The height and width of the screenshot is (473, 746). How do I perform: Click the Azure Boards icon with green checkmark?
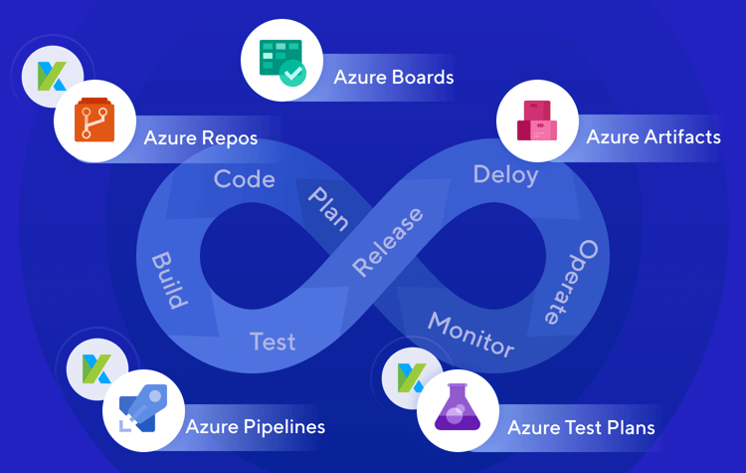(281, 61)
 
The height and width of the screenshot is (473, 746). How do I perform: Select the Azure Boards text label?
(393, 78)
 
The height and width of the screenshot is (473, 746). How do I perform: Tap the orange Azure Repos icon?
(95, 121)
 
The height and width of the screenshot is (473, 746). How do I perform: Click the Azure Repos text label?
(201, 137)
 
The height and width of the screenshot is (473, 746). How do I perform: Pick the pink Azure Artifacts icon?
(537, 120)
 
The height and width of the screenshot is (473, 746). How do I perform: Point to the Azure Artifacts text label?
(653, 136)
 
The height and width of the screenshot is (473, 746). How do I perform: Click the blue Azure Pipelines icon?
(143, 411)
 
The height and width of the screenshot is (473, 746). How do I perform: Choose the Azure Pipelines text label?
(255, 427)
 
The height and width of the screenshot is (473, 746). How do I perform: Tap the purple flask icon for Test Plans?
(459, 410)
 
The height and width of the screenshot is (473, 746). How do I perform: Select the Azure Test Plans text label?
(581, 427)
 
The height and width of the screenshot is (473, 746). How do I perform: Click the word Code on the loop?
(244, 179)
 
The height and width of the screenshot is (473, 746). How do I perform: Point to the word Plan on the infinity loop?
(327, 207)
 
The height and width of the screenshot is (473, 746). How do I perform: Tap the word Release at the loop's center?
(387, 242)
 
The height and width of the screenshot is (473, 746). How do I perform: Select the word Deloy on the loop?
(505, 175)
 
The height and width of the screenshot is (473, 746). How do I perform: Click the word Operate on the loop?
(572, 282)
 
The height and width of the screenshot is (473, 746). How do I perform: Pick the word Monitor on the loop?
(470, 335)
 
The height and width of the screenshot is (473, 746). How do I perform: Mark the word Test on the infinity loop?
(273, 342)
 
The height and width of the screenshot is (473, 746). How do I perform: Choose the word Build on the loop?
(169, 280)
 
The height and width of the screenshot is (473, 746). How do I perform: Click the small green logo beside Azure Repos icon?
(52, 77)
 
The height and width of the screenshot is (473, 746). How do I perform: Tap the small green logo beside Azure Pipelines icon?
(88, 369)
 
